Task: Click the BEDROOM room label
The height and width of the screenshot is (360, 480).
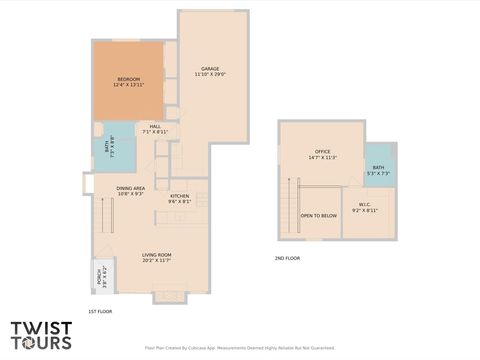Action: (x=128, y=79)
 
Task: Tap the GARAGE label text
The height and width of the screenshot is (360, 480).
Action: (x=210, y=69)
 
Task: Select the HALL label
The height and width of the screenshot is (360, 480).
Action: (x=155, y=126)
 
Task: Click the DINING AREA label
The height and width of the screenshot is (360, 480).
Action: (x=131, y=188)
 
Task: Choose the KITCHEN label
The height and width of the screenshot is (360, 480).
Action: (x=180, y=195)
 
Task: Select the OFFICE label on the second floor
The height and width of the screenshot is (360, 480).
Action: (x=322, y=152)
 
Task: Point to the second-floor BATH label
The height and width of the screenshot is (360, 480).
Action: (x=378, y=168)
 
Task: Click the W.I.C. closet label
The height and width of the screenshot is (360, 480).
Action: (x=365, y=205)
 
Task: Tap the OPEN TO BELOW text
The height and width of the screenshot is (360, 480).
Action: (x=319, y=215)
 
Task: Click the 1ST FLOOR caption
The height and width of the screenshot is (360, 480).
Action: (x=100, y=311)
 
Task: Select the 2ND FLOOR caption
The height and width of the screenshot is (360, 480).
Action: (x=288, y=258)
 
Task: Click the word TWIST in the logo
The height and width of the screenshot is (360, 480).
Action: (x=41, y=327)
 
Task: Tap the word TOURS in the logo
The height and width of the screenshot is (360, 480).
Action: (x=41, y=342)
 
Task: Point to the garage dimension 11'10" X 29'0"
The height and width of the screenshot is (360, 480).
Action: (x=210, y=74)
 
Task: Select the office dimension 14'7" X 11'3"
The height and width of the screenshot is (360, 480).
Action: (x=322, y=157)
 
